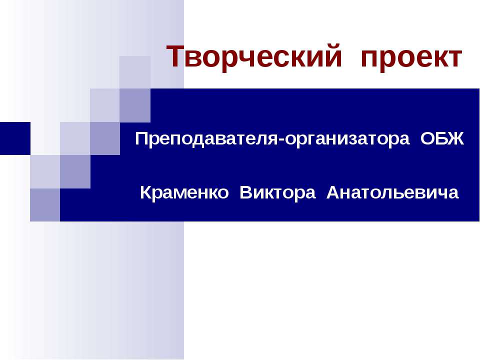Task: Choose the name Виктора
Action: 278,192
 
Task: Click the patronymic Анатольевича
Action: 392,192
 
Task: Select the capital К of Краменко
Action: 145,192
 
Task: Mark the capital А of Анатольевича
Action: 332,192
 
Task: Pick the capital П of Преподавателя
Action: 141,138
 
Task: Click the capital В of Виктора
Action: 245,192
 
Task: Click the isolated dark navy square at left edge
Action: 15,138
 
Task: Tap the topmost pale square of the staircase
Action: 135,72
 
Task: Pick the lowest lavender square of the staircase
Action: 45,205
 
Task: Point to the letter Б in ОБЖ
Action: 442,138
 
